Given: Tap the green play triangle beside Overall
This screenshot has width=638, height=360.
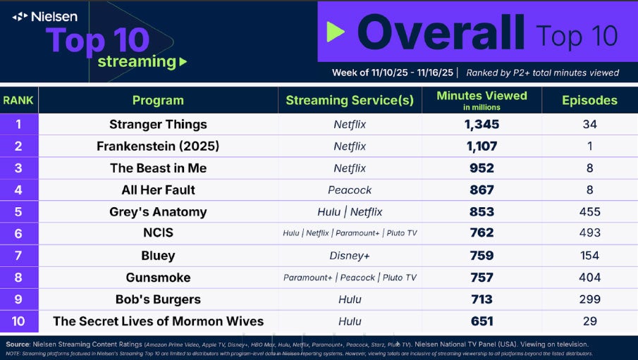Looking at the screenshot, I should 336,32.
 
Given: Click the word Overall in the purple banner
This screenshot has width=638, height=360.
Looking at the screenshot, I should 440,32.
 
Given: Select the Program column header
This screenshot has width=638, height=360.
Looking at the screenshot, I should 158,100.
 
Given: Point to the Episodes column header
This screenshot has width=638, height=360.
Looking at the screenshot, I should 589,100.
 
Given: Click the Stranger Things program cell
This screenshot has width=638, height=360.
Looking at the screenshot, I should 158,125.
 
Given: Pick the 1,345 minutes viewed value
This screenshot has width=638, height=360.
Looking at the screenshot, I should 481,125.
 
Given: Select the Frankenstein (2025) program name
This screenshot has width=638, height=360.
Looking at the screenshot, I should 158,147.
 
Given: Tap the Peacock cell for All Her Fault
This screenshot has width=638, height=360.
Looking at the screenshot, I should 350,190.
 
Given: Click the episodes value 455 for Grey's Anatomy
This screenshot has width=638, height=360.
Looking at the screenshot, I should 589,212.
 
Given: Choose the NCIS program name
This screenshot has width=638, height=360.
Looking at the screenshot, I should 158,233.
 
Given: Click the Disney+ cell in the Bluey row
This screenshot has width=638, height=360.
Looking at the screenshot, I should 350,256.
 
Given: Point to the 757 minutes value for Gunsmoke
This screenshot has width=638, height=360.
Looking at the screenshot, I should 481,278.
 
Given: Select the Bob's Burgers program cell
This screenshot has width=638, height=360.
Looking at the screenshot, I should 158,299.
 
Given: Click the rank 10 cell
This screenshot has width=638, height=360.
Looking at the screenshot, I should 18,321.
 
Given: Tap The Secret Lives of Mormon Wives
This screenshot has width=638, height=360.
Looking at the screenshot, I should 158,321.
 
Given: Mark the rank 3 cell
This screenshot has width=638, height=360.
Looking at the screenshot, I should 18,168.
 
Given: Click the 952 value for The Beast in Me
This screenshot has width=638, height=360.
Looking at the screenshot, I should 481,168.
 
